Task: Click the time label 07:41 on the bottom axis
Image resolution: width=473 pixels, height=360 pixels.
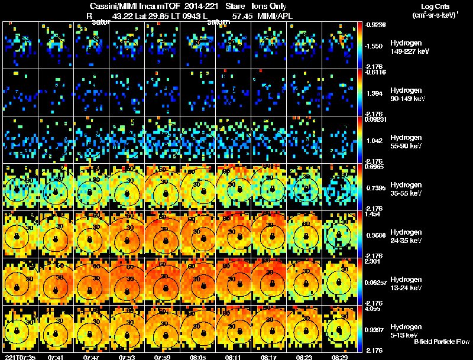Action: point(57,357)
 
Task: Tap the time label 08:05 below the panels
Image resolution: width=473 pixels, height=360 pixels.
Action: point(199,357)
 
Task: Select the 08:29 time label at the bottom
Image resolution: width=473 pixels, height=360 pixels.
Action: point(340,357)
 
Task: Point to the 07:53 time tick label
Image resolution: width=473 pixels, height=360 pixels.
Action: point(128,357)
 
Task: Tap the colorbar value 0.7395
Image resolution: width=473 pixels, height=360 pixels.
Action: point(377,187)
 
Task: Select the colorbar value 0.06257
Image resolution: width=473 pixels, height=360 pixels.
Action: point(378,283)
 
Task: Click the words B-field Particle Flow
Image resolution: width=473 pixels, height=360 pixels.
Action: point(441,342)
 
